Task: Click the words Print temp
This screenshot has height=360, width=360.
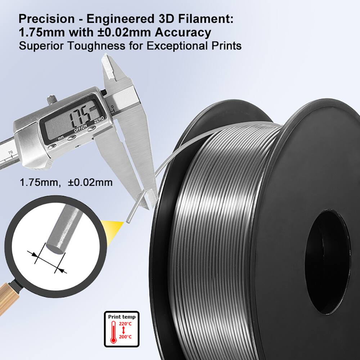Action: pyautogui.click(x=122, y=317)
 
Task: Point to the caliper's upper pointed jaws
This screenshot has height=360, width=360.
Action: pyautogui.click(x=110, y=67)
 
